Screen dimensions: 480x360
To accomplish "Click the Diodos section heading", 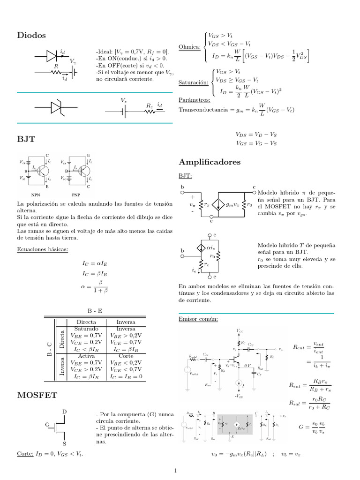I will pos(31,35).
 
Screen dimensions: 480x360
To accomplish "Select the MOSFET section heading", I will pos(37,396).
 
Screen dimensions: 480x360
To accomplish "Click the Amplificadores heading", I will pos(210,162).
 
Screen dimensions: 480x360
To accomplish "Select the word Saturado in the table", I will pos(86,329).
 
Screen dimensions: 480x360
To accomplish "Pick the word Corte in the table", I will pos(126,356).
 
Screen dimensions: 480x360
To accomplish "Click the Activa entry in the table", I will pos(86,356).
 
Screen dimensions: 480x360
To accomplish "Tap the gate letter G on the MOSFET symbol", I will pos(47,425).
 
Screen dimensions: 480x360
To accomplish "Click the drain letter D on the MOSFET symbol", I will pos(64,412).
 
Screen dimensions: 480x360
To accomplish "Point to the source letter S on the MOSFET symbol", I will pos(64,443).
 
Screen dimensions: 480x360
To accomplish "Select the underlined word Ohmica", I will pos(189,47).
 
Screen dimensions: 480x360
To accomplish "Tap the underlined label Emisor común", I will pos(198,319).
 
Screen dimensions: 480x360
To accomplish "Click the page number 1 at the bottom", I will pos(175,471).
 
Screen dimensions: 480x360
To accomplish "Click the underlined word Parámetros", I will pos(195,100).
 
